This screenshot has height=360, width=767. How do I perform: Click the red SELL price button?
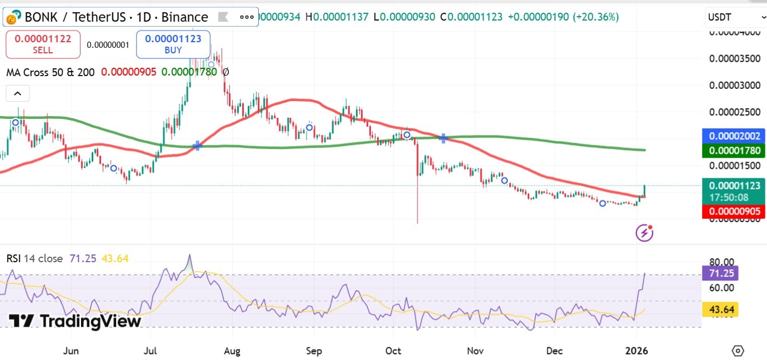(x=43, y=44)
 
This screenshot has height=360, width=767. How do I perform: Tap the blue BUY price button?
(x=173, y=44)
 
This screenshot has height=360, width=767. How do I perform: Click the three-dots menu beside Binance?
(x=247, y=17)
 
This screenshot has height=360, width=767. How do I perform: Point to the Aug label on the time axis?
(x=232, y=351)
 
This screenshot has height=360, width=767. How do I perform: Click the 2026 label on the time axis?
(x=636, y=351)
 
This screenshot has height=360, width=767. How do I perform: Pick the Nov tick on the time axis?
(x=475, y=351)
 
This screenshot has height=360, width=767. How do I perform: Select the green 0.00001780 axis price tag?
(x=733, y=151)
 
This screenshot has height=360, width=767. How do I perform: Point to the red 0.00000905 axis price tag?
(x=733, y=212)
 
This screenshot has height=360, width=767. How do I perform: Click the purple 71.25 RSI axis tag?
(x=720, y=273)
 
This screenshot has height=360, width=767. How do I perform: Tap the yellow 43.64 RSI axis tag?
(x=720, y=310)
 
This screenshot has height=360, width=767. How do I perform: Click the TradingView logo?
(x=75, y=321)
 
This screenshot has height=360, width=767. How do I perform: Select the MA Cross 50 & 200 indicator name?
(x=51, y=72)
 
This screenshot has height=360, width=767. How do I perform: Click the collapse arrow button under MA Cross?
(x=17, y=93)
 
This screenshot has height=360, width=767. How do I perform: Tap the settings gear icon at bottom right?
(x=738, y=351)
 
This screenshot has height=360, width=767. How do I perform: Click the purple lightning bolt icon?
(x=644, y=233)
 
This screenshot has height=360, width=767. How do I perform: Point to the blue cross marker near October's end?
(x=444, y=138)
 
